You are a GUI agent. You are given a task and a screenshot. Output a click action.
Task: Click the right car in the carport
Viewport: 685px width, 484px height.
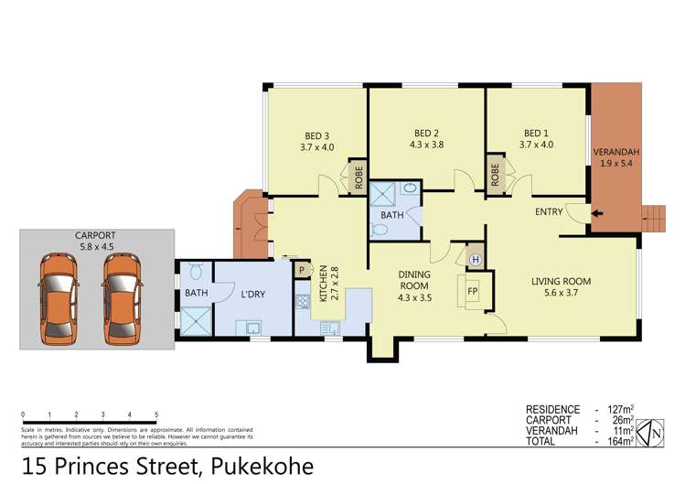pyautogui.click(x=122, y=299)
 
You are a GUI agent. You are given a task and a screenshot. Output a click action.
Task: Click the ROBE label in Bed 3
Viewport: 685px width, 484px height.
pyautogui.click(x=358, y=175)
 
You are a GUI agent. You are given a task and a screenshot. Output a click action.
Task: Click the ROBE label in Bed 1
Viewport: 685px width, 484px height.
pyautogui.click(x=495, y=174)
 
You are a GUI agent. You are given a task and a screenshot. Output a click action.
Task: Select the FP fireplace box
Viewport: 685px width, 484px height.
pyautogui.click(x=473, y=293)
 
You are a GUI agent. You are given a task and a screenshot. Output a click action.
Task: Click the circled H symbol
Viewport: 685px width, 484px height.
pyautogui.click(x=474, y=259)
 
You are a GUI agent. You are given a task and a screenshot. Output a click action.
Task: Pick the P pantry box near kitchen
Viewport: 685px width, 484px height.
pyautogui.click(x=300, y=271)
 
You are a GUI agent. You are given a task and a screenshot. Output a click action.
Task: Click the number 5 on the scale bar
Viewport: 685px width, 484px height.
pyautogui.click(x=156, y=414)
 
